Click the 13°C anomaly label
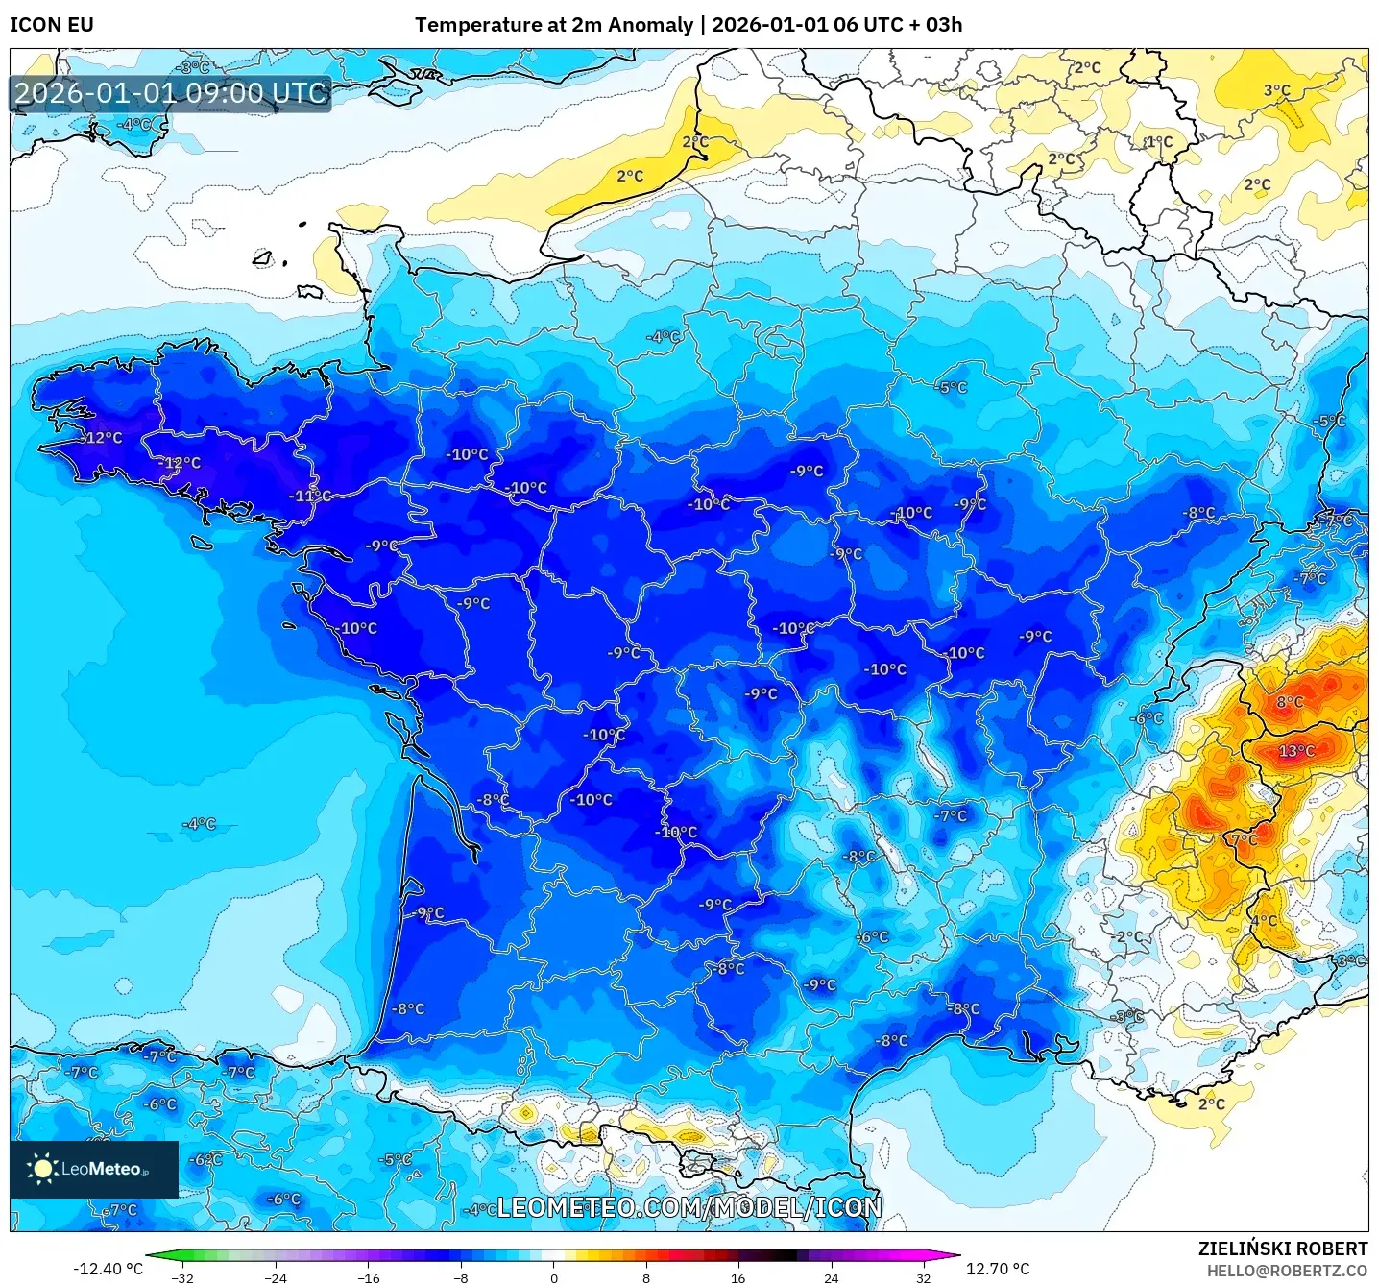1296,750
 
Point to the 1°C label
1159,141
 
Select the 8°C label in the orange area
1290,702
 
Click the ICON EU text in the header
52,25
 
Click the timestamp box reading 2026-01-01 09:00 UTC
171,93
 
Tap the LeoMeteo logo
94,1169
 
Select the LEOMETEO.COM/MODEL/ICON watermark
689,1207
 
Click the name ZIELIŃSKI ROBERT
1282,1249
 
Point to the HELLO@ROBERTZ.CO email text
1287,1271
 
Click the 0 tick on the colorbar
553,1277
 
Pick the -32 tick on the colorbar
182,1277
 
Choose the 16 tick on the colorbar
737,1277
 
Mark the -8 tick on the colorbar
461,1277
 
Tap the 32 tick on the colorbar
923,1277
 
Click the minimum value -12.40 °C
108,1269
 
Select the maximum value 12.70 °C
998,1269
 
